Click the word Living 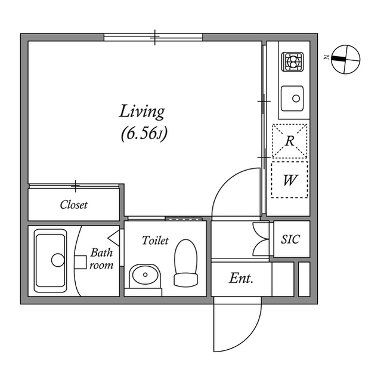[142, 111]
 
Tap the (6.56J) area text [143, 134]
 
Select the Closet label [73, 205]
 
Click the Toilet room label [155, 241]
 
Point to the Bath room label [101, 259]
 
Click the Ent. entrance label [241, 278]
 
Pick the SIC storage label [290, 239]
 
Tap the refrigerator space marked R [290, 141]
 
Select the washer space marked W [290, 179]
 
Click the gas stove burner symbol [293, 61]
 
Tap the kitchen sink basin [293, 95]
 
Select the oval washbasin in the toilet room [145, 276]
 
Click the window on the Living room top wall [154, 38]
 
